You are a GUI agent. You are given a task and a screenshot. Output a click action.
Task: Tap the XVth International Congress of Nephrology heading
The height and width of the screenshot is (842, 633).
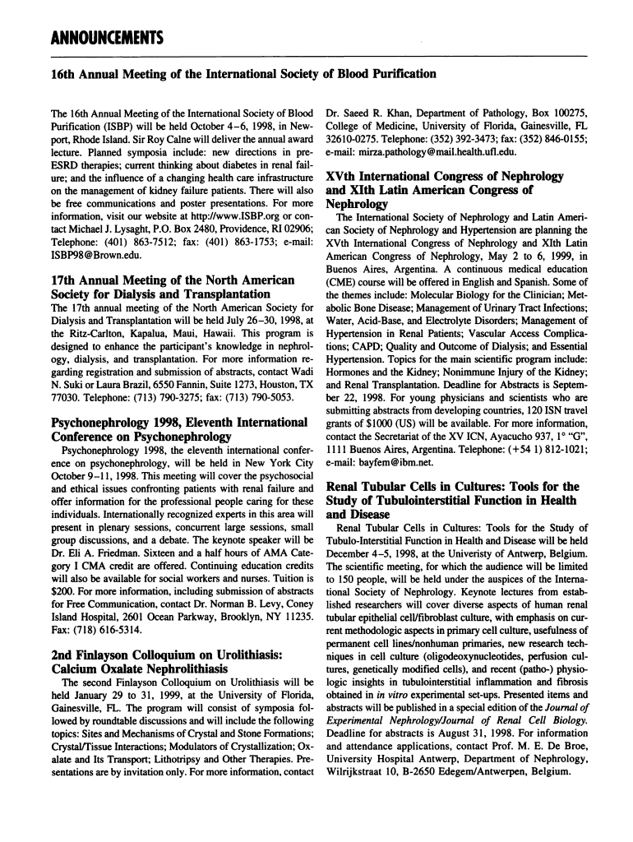[x=445, y=190]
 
